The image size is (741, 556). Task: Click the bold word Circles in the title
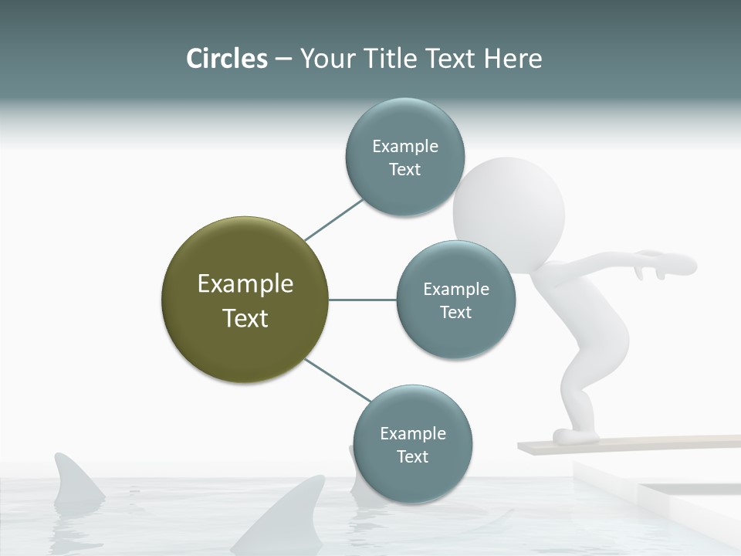click(226, 59)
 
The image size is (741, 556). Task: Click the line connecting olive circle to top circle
click(333, 219)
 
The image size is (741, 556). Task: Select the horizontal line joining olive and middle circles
click(362, 300)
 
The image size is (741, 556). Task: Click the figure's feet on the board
click(575, 436)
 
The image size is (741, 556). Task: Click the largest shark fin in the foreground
click(289, 514)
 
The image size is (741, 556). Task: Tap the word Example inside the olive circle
click(245, 284)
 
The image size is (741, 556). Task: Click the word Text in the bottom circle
click(412, 456)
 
